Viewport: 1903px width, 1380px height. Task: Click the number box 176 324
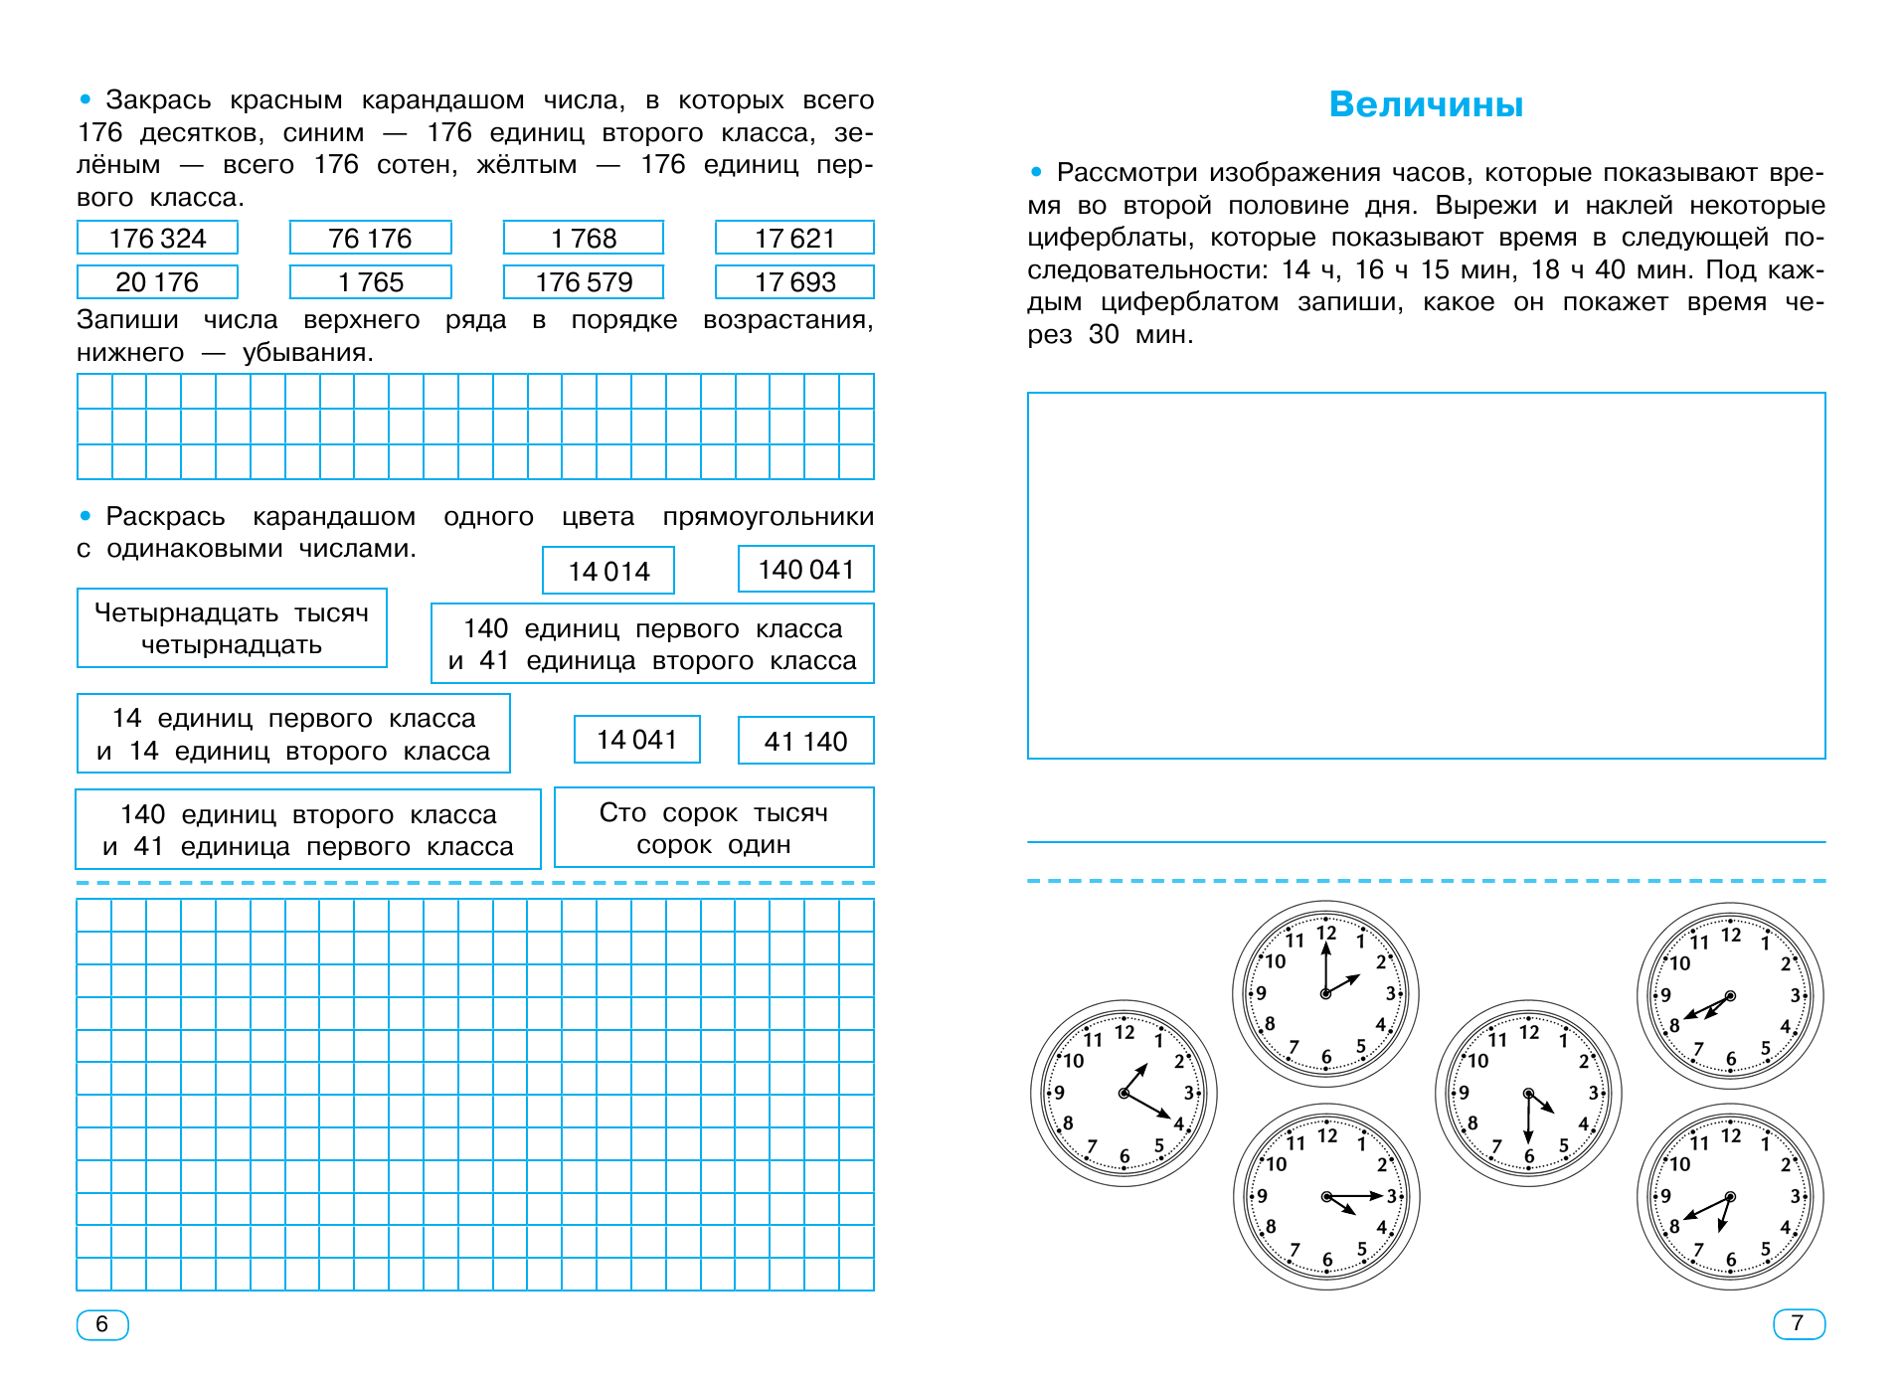(157, 239)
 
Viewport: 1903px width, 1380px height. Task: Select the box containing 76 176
(370, 239)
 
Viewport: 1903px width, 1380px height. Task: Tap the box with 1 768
(584, 239)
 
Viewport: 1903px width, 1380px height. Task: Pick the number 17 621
(794, 239)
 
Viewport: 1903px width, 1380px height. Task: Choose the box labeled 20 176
(157, 282)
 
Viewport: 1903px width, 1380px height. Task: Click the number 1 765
(370, 282)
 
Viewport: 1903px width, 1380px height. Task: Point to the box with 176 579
(584, 282)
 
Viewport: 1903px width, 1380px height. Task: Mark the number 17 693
(794, 282)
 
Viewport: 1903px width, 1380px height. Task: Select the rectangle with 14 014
(608, 572)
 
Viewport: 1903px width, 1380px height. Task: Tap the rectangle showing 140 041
(805, 570)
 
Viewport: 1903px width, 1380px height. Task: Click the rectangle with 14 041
(636, 740)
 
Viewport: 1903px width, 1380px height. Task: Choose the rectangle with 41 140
(805, 742)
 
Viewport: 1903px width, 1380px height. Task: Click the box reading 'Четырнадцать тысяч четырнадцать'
(232, 628)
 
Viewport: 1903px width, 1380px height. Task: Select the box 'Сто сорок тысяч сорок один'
(714, 828)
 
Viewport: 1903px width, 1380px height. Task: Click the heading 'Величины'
(1426, 104)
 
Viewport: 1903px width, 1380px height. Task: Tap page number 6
(101, 1324)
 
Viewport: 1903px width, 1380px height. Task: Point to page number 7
(1798, 1324)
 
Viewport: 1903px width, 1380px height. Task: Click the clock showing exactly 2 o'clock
(1325, 993)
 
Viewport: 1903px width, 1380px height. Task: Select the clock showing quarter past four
(1326, 1196)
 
